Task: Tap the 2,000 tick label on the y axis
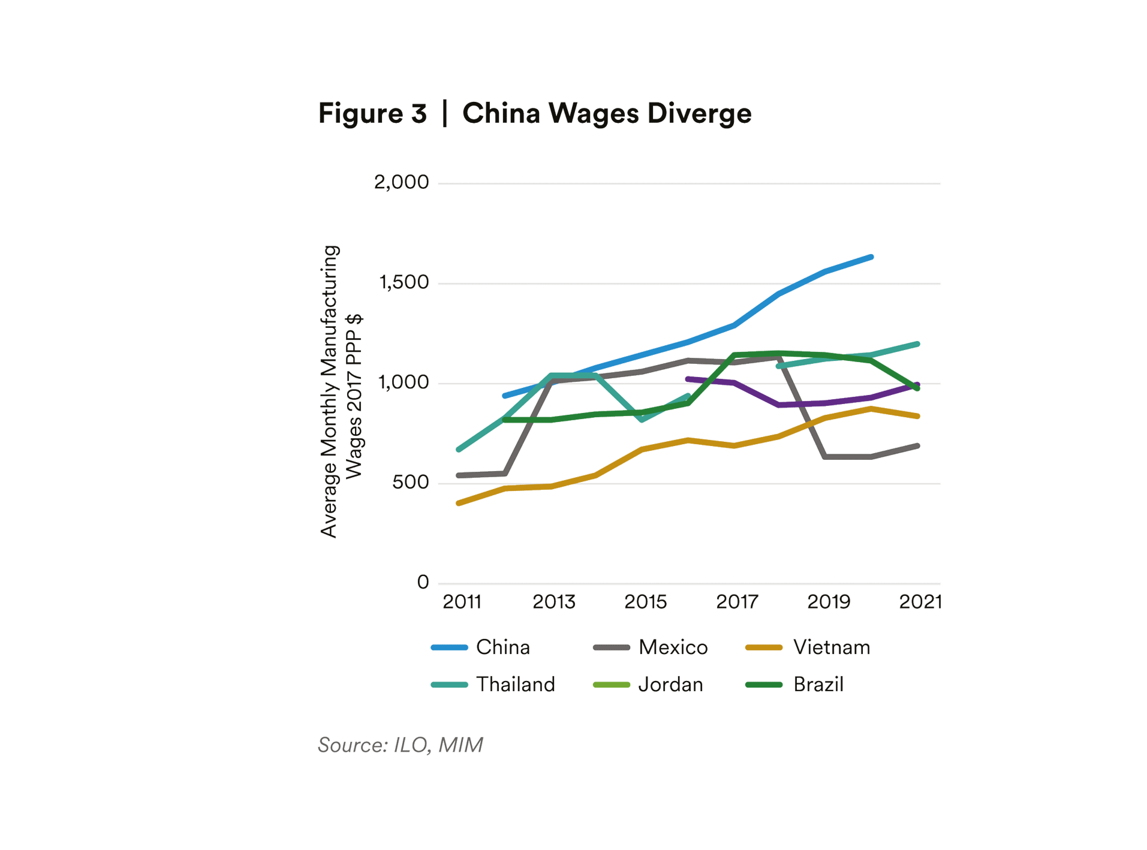point(401,182)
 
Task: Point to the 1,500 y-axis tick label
point(404,282)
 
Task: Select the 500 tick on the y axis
point(410,482)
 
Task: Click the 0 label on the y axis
point(423,582)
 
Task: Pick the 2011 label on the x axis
point(462,602)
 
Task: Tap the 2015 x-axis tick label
point(645,602)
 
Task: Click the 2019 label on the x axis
point(829,602)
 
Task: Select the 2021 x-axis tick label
point(920,602)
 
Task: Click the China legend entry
point(502,647)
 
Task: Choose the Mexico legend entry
point(673,647)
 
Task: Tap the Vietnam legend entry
point(831,647)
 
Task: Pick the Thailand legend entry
point(515,685)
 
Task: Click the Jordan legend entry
point(670,685)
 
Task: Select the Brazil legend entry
point(818,685)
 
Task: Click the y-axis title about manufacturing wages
point(341,391)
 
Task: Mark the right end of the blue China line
point(871,257)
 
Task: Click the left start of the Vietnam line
point(459,503)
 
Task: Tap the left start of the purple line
point(688,379)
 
